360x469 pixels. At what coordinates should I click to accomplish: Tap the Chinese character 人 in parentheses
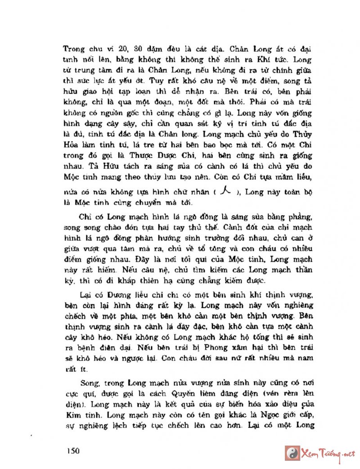(x=227, y=191)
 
